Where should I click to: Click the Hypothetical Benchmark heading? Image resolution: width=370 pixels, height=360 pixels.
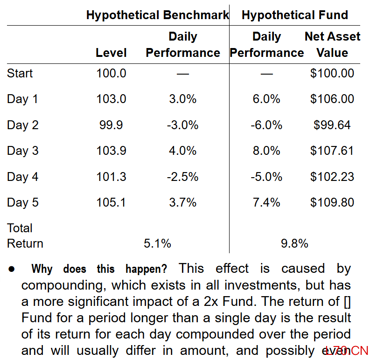(x=157, y=15)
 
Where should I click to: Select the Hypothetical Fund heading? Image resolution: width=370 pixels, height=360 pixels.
(x=295, y=15)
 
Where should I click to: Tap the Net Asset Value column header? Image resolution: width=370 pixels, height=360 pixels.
(x=332, y=44)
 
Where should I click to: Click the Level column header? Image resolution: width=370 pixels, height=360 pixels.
(x=111, y=53)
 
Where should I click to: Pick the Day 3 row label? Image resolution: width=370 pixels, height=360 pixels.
(x=23, y=151)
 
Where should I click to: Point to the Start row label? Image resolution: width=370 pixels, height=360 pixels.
(x=20, y=73)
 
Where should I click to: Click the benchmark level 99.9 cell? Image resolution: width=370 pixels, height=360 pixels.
(x=111, y=125)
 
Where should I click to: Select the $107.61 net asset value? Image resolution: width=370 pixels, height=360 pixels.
(x=332, y=151)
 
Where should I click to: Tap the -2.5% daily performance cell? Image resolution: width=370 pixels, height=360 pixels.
(x=182, y=177)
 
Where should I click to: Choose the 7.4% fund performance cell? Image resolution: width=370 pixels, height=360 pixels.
(x=266, y=202)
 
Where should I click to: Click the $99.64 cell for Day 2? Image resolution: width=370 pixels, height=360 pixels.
(x=332, y=125)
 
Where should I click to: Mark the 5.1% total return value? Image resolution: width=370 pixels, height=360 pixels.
(x=157, y=243)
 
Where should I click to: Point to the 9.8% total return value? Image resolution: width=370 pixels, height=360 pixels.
(x=294, y=243)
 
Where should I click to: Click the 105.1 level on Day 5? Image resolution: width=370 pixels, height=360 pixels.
(x=111, y=202)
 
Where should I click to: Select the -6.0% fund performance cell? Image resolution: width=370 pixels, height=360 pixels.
(x=266, y=125)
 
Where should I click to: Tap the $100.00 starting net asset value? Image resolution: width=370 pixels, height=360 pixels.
(x=332, y=73)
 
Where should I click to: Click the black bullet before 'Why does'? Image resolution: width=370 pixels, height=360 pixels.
(x=12, y=269)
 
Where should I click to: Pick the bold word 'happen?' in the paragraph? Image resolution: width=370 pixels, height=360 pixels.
(x=147, y=269)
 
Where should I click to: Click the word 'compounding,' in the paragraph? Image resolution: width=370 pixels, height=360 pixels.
(x=63, y=285)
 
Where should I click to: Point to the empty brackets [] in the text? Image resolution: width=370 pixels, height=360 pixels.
(x=347, y=302)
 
